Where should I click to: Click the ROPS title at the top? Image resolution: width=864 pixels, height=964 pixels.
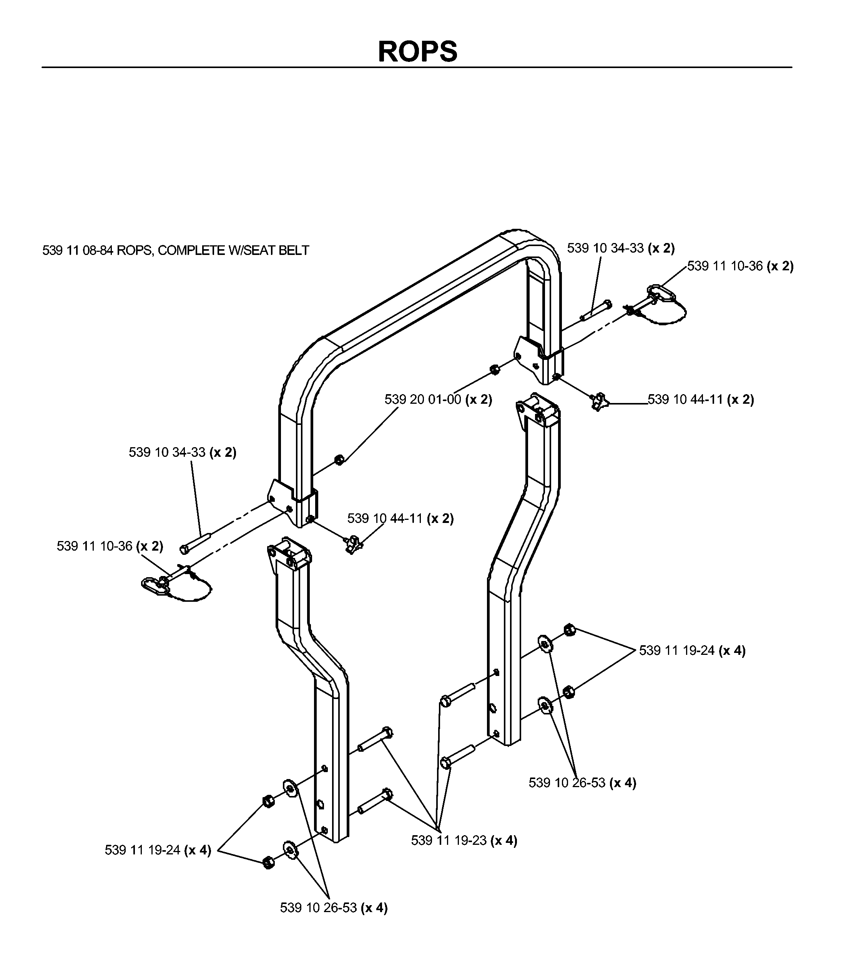(x=417, y=51)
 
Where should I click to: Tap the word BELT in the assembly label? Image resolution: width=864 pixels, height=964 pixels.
(x=293, y=250)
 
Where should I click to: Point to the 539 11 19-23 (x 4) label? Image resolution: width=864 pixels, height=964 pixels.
(x=464, y=841)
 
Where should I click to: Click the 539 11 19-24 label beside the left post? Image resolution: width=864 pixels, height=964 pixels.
(x=158, y=850)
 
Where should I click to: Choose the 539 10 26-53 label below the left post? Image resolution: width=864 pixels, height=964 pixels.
(x=334, y=908)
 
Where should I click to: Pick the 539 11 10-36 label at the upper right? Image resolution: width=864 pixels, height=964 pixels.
(x=740, y=266)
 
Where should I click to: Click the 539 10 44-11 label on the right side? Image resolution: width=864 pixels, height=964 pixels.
(x=701, y=400)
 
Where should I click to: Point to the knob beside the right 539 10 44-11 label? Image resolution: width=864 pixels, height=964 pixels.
(x=598, y=401)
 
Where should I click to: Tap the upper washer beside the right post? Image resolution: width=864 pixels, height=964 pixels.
(x=545, y=644)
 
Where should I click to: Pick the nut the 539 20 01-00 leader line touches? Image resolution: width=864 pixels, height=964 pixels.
(x=339, y=460)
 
